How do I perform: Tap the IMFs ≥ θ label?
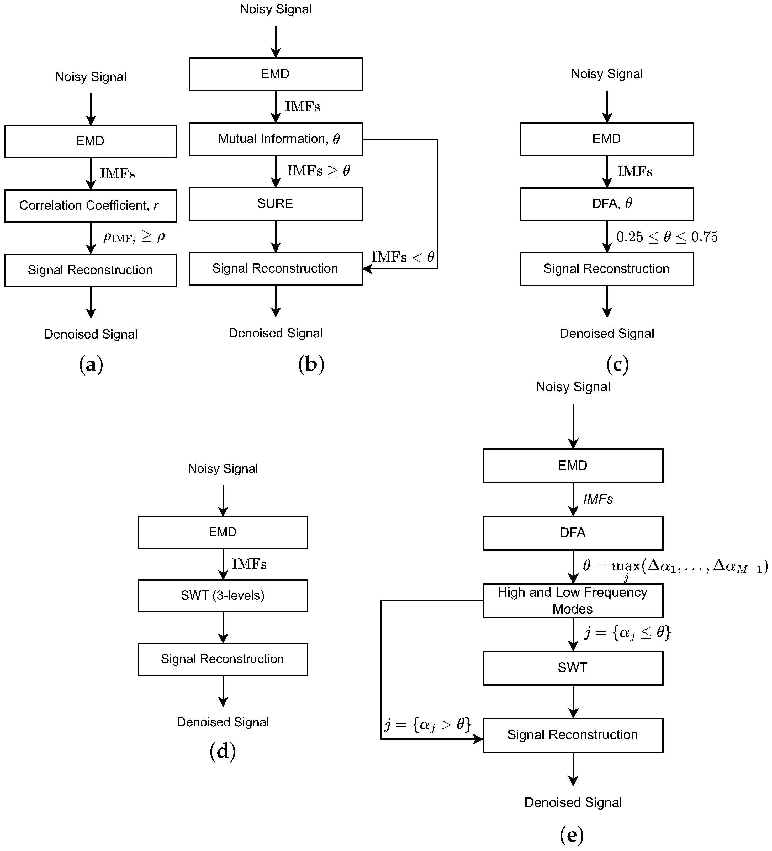[x=318, y=171]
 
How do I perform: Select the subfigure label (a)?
[x=91, y=364]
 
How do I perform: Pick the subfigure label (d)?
[x=223, y=752]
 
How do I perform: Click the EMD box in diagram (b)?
[x=275, y=74]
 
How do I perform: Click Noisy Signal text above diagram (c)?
[x=606, y=74]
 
